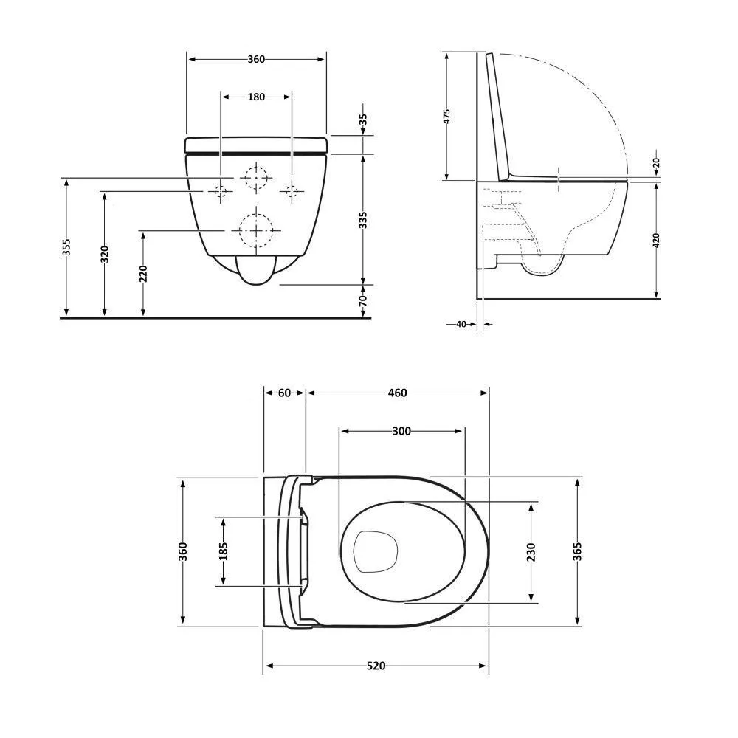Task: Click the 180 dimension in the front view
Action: (x=256, y=97)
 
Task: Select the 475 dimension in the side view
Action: (x=446, y=117)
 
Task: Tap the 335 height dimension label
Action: (x=363, y=220)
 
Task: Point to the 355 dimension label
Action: (x=67, y=247)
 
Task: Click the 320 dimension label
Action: (x=105, y=254)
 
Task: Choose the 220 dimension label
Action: (x=144, y=274)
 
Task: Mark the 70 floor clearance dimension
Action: (x=363, y=301)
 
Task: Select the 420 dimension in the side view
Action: (x=657, y=240)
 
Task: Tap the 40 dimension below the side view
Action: (x=461, y=324)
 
